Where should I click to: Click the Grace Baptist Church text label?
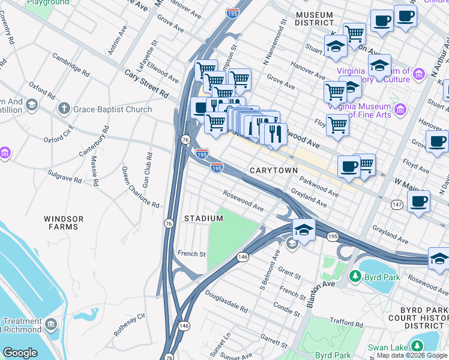(x=113, y=109)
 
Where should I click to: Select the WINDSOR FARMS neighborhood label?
(x=64, y=223)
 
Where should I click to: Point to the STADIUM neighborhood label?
(x=203, y=218)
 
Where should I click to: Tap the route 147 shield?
(x=397, y=205)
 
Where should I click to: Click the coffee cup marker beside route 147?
(x=419, y=200)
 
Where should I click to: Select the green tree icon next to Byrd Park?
(x=355, y=277)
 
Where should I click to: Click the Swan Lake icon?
(x=416, y=346)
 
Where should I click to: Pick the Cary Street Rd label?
(x=146, y=83)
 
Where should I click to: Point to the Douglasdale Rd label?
(x=226, y=302)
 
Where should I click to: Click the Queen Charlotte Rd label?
(x=140, y=187)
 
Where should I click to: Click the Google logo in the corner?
(x=20, y=352)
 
